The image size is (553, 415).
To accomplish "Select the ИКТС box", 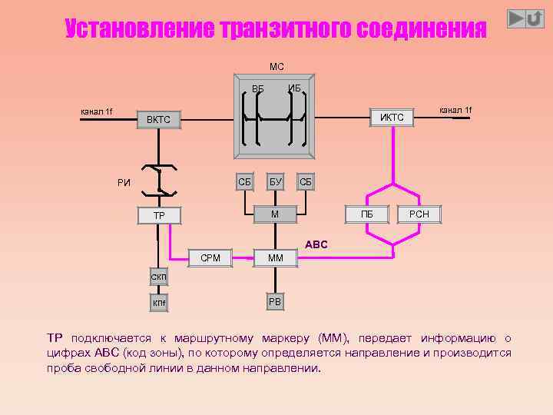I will [392, 117].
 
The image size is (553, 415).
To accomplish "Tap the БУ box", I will [275, 182].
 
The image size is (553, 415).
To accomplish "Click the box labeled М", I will [275, 213].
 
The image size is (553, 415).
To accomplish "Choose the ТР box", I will [158, 216].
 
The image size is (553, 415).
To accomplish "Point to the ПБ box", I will [367, 214].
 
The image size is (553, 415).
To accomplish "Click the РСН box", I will [419, 214].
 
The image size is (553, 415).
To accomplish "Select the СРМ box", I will [210, 257].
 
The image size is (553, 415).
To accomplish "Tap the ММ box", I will [275, 258].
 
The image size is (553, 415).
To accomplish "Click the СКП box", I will [158, 277].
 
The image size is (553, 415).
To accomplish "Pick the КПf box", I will [158, 304].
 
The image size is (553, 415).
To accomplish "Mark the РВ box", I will [275, 302].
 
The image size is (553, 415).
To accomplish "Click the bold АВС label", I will [316, 244].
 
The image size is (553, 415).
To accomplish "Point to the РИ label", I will [124, 182].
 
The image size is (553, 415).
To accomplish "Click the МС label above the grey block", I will [276, 67].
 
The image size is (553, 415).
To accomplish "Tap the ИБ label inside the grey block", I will [294, 88].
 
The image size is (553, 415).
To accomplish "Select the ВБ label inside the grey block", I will [257, 89].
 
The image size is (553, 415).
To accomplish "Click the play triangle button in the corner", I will [517, 18].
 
